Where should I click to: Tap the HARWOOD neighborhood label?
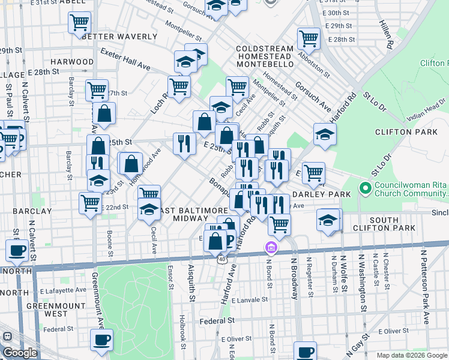pos(72,62)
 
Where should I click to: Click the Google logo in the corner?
pos(20,353)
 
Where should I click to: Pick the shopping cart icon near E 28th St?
pos(309,37)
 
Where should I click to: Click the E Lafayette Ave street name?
pos(65,289)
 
